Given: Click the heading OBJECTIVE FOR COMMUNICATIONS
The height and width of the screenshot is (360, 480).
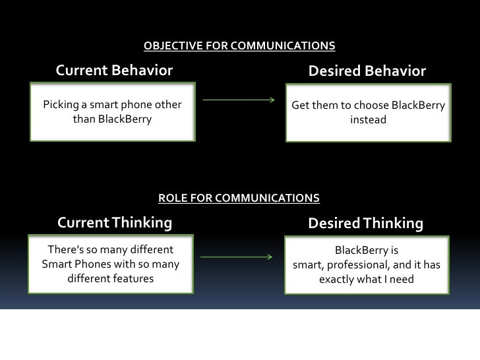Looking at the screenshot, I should click(x=239, y=46).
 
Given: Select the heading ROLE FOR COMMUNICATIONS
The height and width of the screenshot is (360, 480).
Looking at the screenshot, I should click(x=239, y=198).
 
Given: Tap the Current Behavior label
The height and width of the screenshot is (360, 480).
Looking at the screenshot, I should click(x=114, y=71).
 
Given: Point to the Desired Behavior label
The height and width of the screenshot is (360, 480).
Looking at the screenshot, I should click(x=367, y=71).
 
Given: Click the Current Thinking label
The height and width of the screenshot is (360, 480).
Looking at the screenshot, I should click(x=115, y=224).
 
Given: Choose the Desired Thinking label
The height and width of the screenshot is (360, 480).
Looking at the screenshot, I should click(x=365, y=224).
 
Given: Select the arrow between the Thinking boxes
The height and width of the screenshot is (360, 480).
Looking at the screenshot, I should click(x=236, y=256).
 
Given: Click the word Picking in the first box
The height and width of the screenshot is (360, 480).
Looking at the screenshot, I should click(x=59, y=105).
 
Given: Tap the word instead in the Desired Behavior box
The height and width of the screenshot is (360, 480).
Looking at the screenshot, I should click(x=369, y=120).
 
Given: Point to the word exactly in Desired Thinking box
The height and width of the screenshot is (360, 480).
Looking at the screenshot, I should click(x=337, y=280).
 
